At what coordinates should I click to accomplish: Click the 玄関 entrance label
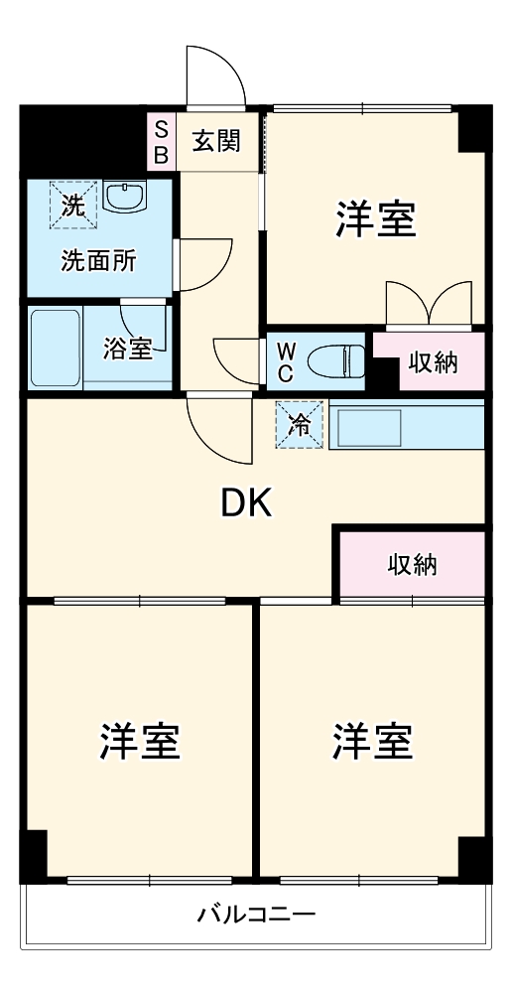point(215,141)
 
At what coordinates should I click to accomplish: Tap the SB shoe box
point(159,141)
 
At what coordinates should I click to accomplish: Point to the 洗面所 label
point(99,261)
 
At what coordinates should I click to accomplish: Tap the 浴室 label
point(128,349)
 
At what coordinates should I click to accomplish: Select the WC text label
point(285,361)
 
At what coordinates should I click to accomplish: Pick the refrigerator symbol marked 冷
point(300,425)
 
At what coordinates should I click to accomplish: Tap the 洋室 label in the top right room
point(374,219)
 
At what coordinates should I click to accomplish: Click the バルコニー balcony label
point(255,914)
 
